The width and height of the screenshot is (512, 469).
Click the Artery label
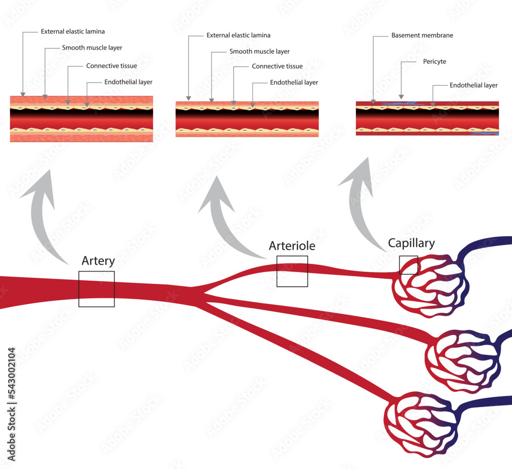click(98, 261)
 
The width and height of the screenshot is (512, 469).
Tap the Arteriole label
click(292, 246)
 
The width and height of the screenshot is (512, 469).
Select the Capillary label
click(411, 243)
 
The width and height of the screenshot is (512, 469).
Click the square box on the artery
click(96, 289)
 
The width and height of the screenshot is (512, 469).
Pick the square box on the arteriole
click(292, 271)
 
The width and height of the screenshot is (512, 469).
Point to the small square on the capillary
click(408, 265)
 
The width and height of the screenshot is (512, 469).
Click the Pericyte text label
click(434, 61)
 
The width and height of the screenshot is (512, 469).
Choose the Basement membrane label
click(422, 36)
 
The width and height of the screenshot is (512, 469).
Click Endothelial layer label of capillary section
click(473, 85)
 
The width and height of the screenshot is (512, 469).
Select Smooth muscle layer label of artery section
click(92, 48)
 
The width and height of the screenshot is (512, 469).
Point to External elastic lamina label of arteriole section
click(238, 36)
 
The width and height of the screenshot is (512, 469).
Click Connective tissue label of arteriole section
click(277, 66)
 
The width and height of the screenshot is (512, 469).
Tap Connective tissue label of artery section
click(111, 66)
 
